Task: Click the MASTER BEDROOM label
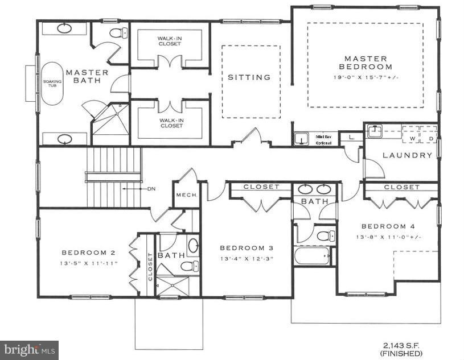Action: tap(366, 63)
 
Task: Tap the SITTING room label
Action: tap(249, 77)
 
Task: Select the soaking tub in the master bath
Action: tap(51, 83)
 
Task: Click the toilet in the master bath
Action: tap(117, 32)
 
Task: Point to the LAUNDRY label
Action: tap(407, 155)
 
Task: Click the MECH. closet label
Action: tap(186, 195)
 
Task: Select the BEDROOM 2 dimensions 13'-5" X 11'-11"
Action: tap(91, 263)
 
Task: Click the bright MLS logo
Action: tap(28, 349)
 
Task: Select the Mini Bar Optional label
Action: tap(324, 139)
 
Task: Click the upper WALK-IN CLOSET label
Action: tap(170, 42)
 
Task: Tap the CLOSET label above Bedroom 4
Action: tap(401, 187)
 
